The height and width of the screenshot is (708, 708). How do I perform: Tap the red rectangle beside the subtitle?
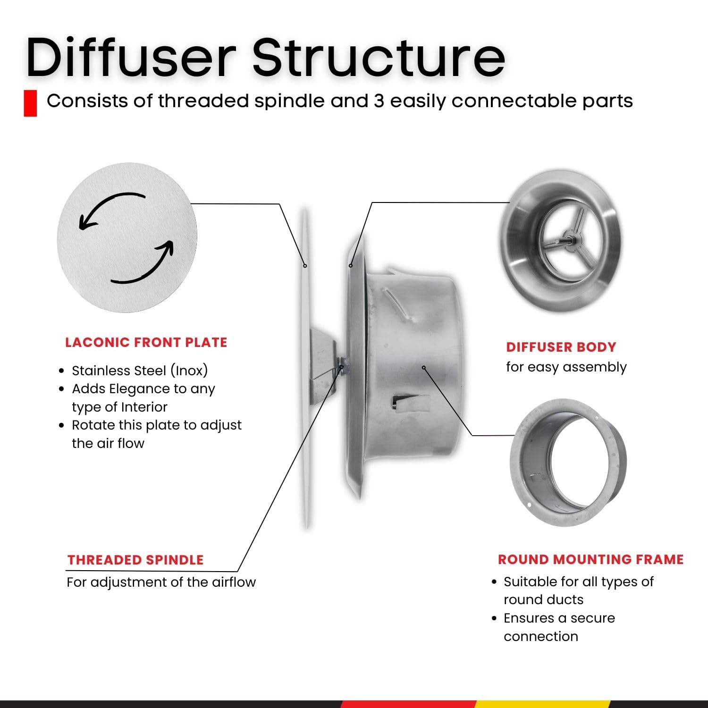click(x=30, y=103)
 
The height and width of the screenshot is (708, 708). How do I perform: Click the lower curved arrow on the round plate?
click(x=144, y=264)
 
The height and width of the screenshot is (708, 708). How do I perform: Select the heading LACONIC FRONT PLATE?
click(x=146, y=342)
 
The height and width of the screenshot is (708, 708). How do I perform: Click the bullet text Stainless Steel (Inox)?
click(x=140, y=371)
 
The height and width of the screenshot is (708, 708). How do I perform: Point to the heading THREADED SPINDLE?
click(x=135, y=560)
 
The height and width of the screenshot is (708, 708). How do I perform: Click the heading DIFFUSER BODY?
click(x=561, y=347)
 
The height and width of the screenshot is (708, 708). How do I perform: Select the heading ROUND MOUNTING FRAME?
click(x=590, y=559)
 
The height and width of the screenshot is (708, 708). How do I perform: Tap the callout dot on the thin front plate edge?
click(x=305, y=266)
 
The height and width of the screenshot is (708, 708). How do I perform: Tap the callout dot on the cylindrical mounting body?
click(x=424, y=367)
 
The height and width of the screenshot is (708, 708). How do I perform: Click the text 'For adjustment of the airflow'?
click(x=161, y=582)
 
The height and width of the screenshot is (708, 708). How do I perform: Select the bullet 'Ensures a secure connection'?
click(x=559, y=627)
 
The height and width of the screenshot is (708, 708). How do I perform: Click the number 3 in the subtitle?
click(x=379, y=101)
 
